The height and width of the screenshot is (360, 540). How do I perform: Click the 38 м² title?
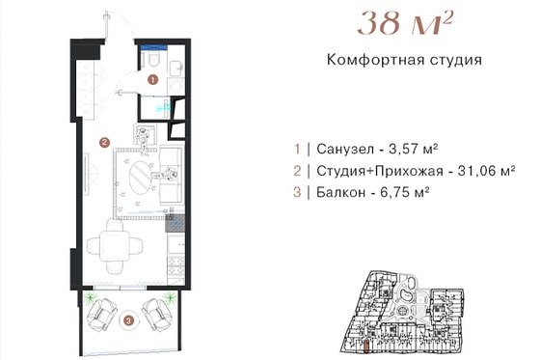[x=404, y=23]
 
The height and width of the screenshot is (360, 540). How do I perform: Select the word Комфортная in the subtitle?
[x=374, y=60]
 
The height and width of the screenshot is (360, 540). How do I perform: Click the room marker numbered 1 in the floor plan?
[x=153, y=80]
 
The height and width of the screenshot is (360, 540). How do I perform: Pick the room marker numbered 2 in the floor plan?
[x=104, y=142]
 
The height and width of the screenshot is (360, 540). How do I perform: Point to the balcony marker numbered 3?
[x=128, y=321]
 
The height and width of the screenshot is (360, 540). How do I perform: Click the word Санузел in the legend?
[x=345, y=150]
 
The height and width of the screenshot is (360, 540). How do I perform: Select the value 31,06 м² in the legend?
[x=486, y=171]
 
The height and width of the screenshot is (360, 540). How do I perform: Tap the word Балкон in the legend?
[x=341, y=192]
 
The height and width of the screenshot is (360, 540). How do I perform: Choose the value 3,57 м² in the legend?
[x=414, y=150]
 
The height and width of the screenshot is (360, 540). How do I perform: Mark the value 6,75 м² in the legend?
[x=405, y=192]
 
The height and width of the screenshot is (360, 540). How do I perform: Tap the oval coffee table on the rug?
[x=140, y=176]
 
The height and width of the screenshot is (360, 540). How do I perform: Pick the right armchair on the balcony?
[x=157, y=314]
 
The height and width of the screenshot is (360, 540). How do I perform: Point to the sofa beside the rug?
[x=172, y=176]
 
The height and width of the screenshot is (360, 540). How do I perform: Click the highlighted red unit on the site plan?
[x=367, y=346]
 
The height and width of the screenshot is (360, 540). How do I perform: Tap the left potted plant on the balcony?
[x=91, y=297]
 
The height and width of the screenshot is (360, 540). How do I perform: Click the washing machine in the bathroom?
[x=175, y=86]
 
